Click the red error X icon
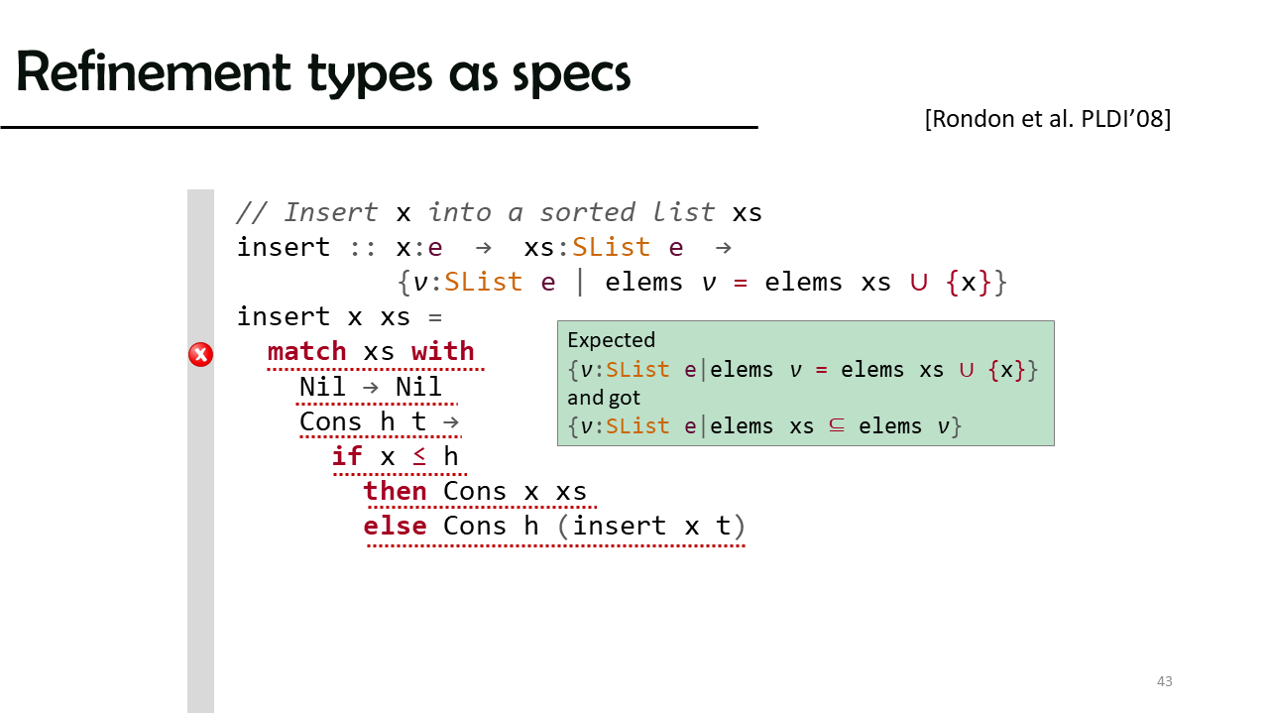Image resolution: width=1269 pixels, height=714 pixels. click(x=200, y=355)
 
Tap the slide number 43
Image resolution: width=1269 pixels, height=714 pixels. click(x=1164, y=681)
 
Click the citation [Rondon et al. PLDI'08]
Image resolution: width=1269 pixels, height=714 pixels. click(x=1048, y=119)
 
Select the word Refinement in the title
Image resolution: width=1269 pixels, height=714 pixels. click(x=154, y=72)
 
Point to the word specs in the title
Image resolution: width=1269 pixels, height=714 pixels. click(x=571, y=75)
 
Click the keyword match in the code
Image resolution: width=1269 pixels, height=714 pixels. click(x=306, y=351)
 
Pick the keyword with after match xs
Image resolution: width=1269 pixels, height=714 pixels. click(x=443, y=351)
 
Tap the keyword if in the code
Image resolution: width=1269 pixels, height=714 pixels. click(x=347, y=456)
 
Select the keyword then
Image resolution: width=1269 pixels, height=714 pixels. click(x=395, y=491)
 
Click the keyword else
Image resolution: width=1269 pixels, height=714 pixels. click(x=395, y=526)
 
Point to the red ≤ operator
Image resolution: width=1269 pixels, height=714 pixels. click(x=419, y=456)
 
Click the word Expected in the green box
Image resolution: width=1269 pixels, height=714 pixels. click(x=612, y=340)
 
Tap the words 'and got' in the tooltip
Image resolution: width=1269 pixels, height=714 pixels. click(x=604, y=398)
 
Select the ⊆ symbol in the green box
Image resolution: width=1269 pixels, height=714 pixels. click(x=837, y=425)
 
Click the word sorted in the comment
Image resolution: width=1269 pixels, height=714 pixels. click(x=587, y=212)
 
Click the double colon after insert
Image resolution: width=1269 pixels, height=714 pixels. click(x=363, y=248)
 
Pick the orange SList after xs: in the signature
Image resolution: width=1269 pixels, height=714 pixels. click(x=611, y=247)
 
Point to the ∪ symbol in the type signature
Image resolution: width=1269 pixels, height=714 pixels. click(x=919, y=283)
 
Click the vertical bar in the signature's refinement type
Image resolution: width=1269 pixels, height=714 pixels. click(x=580, y=283)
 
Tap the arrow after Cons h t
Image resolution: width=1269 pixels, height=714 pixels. click(x=451, y=422)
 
